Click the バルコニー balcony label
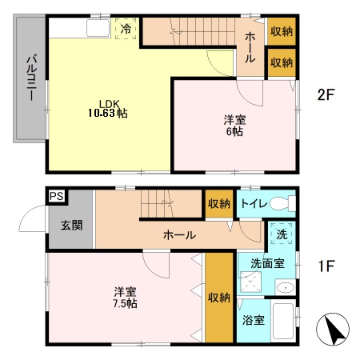click(x=30, y=78)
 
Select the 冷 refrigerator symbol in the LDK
click(x=126, y=29)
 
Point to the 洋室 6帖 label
click(x=234, y=126)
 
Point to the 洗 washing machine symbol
click(x=282, y=235)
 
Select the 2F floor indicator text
click(x=324, y=94)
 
